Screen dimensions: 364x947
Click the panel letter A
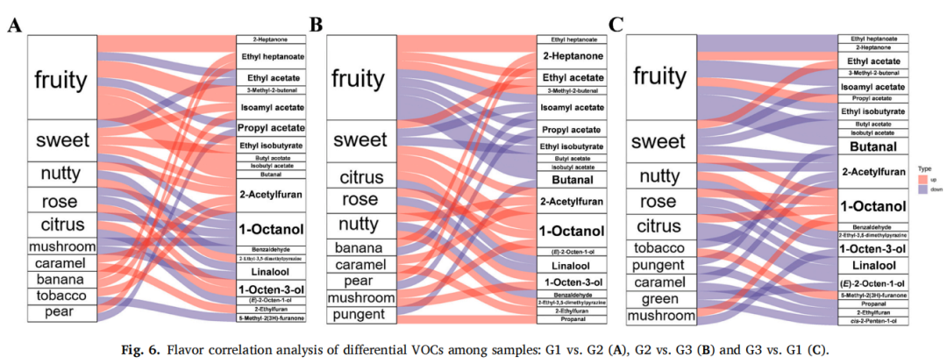[14, 25]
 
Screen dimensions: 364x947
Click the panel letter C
[616, 25]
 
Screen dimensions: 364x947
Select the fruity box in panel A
[61, 80]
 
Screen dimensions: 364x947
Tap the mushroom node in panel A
[61, 246]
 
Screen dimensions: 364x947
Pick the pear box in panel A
[61, 311]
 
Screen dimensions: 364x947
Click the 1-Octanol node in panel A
[270, 229]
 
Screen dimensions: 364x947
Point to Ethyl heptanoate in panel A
[270, 57]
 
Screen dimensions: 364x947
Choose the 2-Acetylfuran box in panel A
[270, 190]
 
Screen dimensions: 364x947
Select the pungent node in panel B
[360, 313]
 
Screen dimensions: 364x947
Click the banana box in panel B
[360, 247]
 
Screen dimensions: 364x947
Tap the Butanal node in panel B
[572, 180]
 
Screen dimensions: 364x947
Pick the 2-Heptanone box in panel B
[572, 56]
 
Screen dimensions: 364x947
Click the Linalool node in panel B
[572, 265]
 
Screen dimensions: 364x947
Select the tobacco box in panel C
[659, 247]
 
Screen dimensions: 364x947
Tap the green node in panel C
[659, 299]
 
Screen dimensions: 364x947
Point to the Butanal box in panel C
[872, 146]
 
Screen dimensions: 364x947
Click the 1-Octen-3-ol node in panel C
[872, 249]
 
